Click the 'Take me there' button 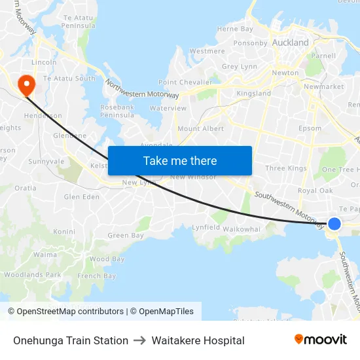(x=180, y=161)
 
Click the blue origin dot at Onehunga (x=334, y=224)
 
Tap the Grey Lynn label (x=240, y=67)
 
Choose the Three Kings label (x=286, y=169)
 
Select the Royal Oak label (x=315, y=191)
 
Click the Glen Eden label (x=81, y=197)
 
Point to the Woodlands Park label (x=33, y=275)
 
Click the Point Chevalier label (x=185, y=82)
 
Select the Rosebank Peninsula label (x=117, y=111)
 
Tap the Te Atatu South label (x=69, y=79)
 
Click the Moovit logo (x=321, y=340)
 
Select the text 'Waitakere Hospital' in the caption (x=198, y=340)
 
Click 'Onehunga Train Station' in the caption (x=71, y=340)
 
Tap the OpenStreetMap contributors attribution (x=65, y=312)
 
